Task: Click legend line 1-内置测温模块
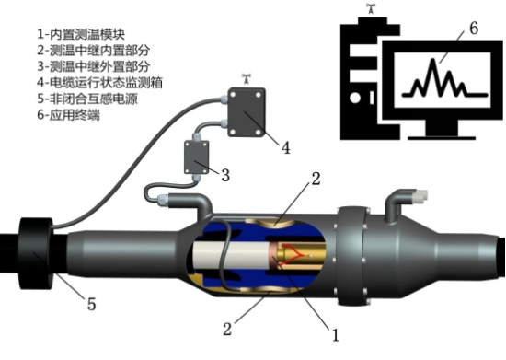point(81,34)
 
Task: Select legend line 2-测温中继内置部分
point(94,50)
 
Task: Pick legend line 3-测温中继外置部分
point(94,66)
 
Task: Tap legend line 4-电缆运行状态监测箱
point(99,83)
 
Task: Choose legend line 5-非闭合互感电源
point(87,99)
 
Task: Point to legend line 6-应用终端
point(68,115)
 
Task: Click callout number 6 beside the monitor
point(474,29)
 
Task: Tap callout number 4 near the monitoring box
point(286,148)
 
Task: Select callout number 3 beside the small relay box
point(225,175)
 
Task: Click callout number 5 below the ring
point(92,304)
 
